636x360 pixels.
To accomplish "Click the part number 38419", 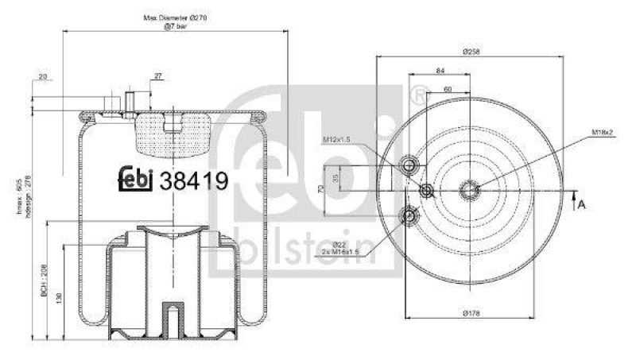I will [194, 181].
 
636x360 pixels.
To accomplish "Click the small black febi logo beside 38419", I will [137, 180].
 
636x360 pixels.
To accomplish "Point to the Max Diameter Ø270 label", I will [174, 17].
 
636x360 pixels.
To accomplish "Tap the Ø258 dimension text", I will [471, 51].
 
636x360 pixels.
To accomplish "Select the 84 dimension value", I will [440, 72].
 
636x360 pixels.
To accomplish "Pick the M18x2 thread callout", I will [603, 132].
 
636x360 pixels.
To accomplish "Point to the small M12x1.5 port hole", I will [427, 191].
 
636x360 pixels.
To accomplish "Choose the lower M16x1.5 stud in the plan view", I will [410, 214].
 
